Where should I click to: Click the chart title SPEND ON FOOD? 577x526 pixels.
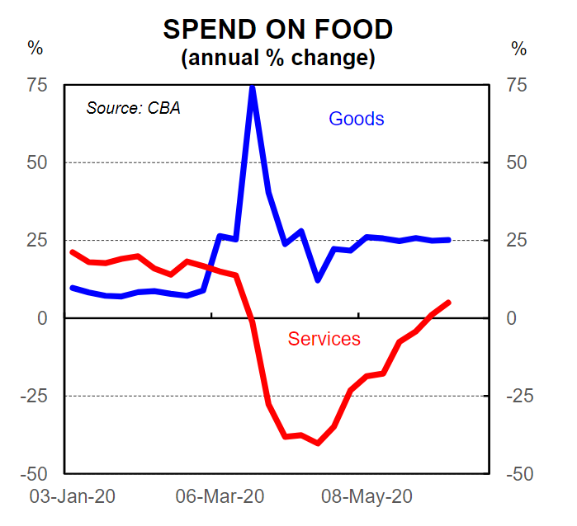[277, 30]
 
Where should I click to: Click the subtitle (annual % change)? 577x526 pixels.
[277, 59]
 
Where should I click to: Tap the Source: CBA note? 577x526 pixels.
[133, 108]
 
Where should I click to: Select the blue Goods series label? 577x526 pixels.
[357, 119]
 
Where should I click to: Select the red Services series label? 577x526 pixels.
[324, 339]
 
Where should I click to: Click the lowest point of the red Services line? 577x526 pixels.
[318, 443]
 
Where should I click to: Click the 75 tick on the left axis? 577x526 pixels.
[36, 85]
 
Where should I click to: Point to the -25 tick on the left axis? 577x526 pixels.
[33, 397]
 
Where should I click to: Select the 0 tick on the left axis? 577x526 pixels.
[42, 318]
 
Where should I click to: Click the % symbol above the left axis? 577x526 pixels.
[35, 48]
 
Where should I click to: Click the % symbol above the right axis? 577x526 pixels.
[518, 48]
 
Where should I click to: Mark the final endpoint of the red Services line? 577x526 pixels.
[448, 303]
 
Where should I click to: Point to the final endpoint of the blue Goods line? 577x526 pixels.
[448, 240]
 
